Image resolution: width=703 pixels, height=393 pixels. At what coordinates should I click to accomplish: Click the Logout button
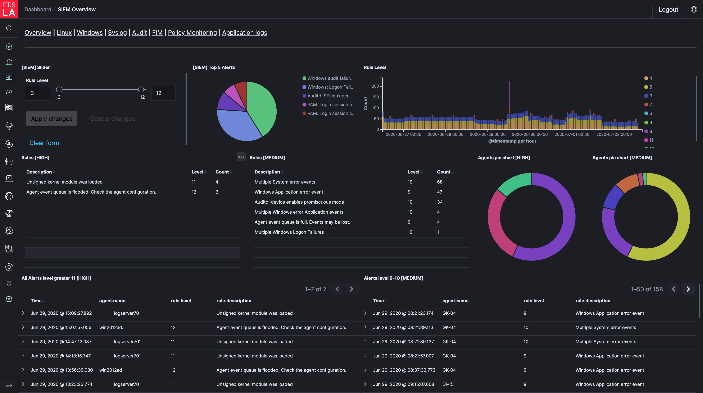pos(668,10)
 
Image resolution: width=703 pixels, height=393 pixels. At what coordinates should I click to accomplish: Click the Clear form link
pos(44,143)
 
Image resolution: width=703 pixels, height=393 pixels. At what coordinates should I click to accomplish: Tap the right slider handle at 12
pos(141,89)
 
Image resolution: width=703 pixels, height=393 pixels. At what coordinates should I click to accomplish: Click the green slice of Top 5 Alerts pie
pos(262,106)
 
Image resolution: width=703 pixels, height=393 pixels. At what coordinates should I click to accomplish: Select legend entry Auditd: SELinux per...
pos(329,96)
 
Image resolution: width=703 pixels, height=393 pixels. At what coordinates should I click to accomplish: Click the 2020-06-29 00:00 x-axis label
pos(487,134)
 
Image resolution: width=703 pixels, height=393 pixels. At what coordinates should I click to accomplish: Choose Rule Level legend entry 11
pos(651,140)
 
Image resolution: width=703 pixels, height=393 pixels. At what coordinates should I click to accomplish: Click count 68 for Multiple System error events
pos(440,182)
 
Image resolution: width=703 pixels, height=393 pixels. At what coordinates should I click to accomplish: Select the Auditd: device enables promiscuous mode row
pos(299,202)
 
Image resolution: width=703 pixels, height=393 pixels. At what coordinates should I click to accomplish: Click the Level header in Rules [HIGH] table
pos(197,172)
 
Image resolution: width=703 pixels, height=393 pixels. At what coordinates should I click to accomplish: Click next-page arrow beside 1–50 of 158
pos(688,289)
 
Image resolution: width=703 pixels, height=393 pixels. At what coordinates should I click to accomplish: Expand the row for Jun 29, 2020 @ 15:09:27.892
pos(23,313)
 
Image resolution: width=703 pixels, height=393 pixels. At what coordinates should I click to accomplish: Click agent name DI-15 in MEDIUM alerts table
pos(448,384)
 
